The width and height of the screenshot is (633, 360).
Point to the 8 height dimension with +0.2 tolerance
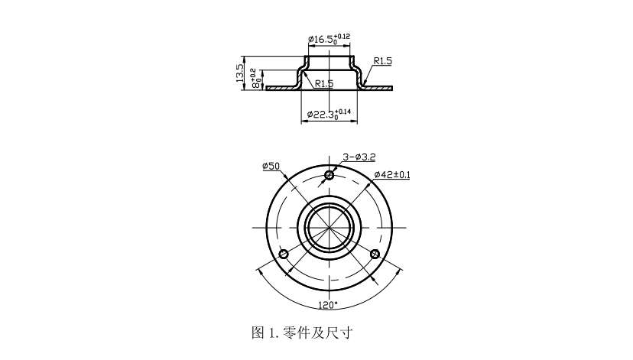(257, 79)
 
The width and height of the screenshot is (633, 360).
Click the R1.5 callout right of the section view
(383, 60)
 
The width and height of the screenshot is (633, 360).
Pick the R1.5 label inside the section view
(323, 83)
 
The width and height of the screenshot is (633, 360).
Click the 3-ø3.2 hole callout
(359, 156)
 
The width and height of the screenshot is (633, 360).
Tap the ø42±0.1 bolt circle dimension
(391, 175)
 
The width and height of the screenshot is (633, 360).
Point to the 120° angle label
(328, 304)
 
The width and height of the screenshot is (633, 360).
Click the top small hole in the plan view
(329, 176)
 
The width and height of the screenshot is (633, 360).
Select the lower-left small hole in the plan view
(284, 255)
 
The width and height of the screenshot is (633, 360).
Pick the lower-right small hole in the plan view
(374, 255)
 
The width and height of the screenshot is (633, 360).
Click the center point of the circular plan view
(329, 228)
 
